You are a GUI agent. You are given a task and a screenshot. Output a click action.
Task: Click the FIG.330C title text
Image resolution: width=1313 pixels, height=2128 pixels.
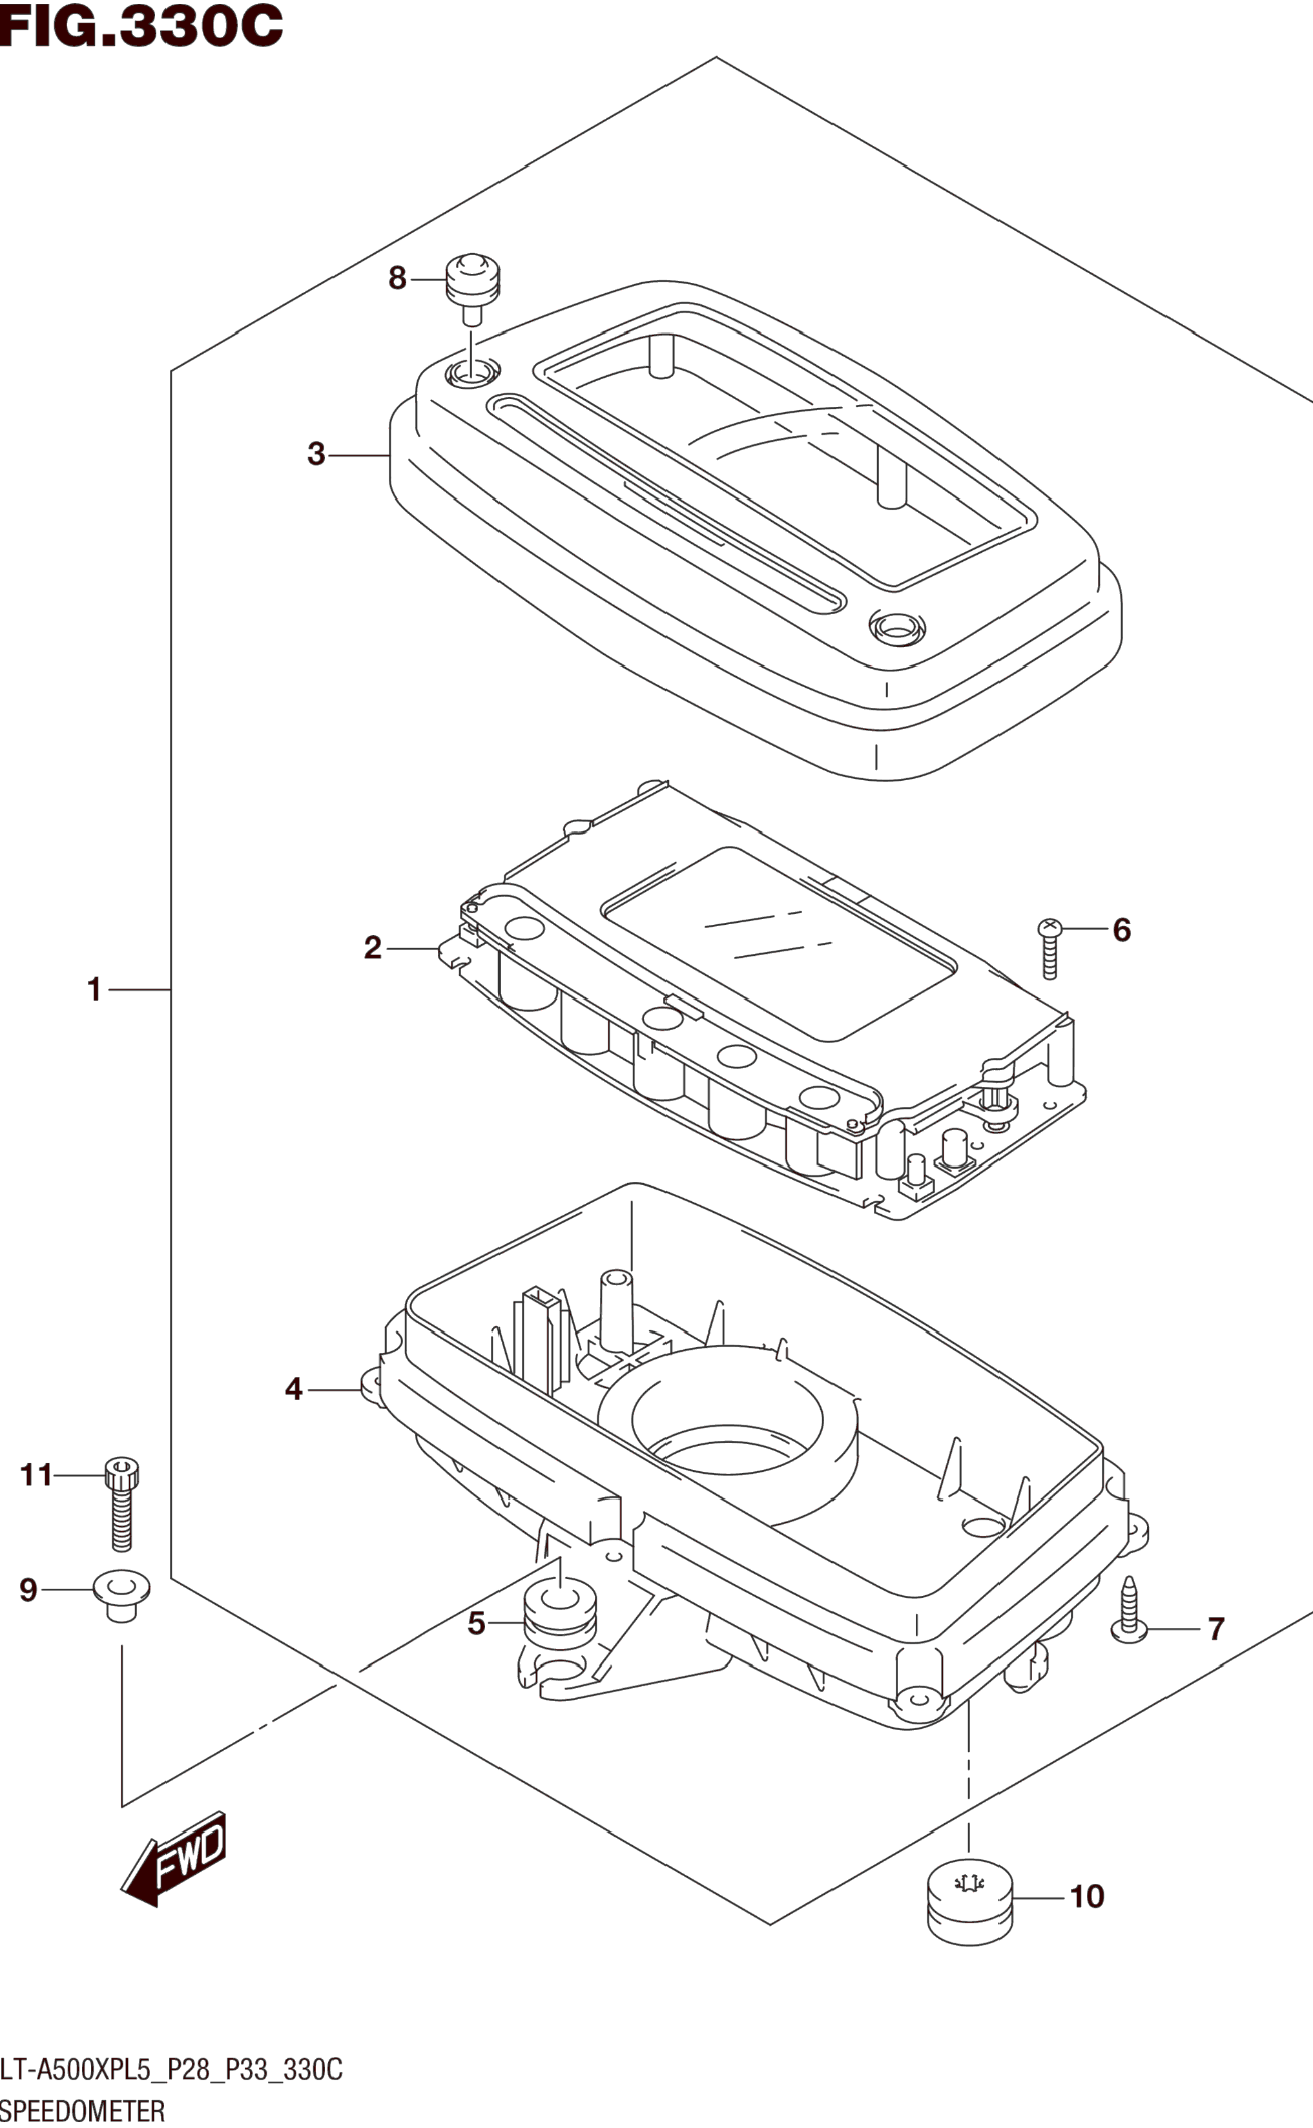pyautogui.click(x=141, y=25)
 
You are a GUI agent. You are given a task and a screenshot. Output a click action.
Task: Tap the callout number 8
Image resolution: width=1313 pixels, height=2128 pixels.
pyautogui.click(x=397, y=279)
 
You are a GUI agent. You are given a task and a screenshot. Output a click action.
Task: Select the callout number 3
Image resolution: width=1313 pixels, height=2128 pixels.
pyautogui.click(x=316, y=454)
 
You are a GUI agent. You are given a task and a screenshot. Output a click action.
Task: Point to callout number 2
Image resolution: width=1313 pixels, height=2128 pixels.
pyautogui.click(x=373, y=947)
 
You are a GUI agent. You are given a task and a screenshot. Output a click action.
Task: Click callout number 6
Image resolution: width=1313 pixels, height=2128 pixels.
pyautogui.click(x=1122, y=930)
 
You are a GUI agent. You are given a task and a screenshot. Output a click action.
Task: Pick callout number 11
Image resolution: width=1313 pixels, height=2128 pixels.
pyautogui.click(x=36, y=1474)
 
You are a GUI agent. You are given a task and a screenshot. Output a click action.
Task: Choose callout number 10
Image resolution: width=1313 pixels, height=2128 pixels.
pyautogui.click(x=1086, y=1896)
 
